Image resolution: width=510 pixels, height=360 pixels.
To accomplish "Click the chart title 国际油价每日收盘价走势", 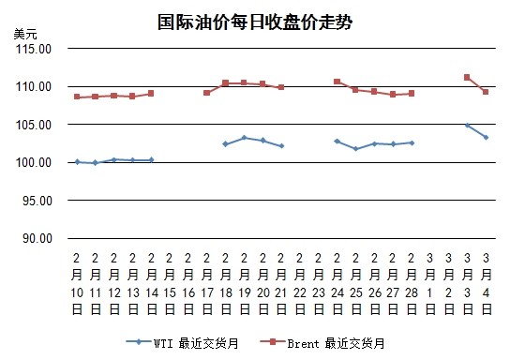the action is click(x=255, y=22).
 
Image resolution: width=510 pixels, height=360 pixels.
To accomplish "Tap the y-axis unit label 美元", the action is click(x=25, y=34).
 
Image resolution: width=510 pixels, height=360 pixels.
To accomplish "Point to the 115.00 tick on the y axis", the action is click(x=34, y=49).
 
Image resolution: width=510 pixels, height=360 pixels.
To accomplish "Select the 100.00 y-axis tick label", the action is click(x=34, y=162).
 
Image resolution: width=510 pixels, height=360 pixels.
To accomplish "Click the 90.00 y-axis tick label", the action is click(x=37, y=238).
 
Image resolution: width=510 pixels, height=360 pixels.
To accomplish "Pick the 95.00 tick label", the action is click(x=37, y=201).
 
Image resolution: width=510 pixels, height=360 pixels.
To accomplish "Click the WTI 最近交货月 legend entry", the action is click(x=183, y=343).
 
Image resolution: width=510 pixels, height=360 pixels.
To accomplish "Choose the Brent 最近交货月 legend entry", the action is click(x=322, y=343).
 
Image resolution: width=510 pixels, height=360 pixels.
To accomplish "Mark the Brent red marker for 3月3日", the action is click(x=467, y=78).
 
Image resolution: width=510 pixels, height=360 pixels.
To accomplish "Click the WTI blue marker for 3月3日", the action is click(x=468, y=126).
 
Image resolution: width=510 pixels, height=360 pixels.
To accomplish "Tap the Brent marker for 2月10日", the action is click(x=77, y=97).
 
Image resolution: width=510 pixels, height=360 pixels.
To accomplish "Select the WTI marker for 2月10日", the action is click(x=78, y=162).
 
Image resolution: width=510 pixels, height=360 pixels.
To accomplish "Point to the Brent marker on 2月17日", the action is click(x=207, y=93).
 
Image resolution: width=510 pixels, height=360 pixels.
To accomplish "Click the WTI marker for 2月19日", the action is click(x=245, y=138).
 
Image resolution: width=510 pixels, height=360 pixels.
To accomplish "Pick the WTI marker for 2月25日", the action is click(x=356, y=149).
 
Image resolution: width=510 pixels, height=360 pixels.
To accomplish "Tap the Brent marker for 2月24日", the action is click(x=337, y=82).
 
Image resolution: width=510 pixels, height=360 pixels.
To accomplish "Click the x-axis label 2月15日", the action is click(x=170, y=284).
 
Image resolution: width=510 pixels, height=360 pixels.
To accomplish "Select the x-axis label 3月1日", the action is click(x=430, y=284).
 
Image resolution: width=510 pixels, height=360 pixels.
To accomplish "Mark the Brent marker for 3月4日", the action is click(x=486, y=92).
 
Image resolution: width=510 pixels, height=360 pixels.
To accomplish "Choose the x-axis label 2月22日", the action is click(x=300, y=284).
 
